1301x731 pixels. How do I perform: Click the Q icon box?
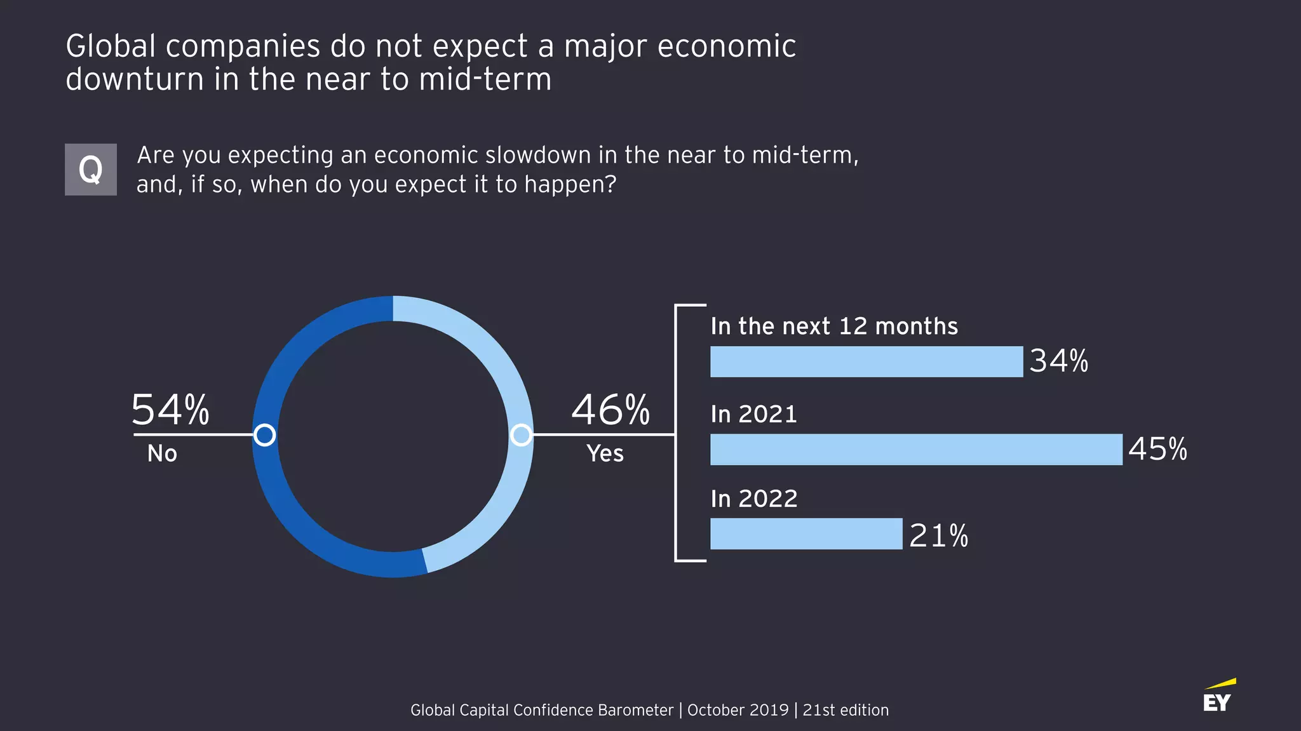tap(90, 170)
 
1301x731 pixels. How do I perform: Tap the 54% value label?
tap(170, 410)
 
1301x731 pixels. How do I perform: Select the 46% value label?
tap(610, 410)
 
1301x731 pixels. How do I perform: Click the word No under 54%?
tap(162, 453)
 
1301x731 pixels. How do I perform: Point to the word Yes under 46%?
tap(605, 453)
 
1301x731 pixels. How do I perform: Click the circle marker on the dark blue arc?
tap(264, 435)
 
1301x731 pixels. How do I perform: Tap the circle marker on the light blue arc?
tap(521, 435)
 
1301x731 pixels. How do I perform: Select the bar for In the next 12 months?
tap(866, 361)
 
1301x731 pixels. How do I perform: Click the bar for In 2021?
tap(915, 450)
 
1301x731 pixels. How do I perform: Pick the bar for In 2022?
tap(806, 533)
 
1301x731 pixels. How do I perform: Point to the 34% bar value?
tap(1058, 361)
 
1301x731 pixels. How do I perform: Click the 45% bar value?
tap(1157, 449)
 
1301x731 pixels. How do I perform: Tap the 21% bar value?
tap(938, 535)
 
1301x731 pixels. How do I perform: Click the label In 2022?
tap(754, 499)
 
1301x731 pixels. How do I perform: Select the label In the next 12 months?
tap(834, 326)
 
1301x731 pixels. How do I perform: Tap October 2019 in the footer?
tap(738, 710)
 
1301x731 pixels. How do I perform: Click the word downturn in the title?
tap(135, 79)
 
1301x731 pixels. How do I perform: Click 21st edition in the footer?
tap(846, 710)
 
